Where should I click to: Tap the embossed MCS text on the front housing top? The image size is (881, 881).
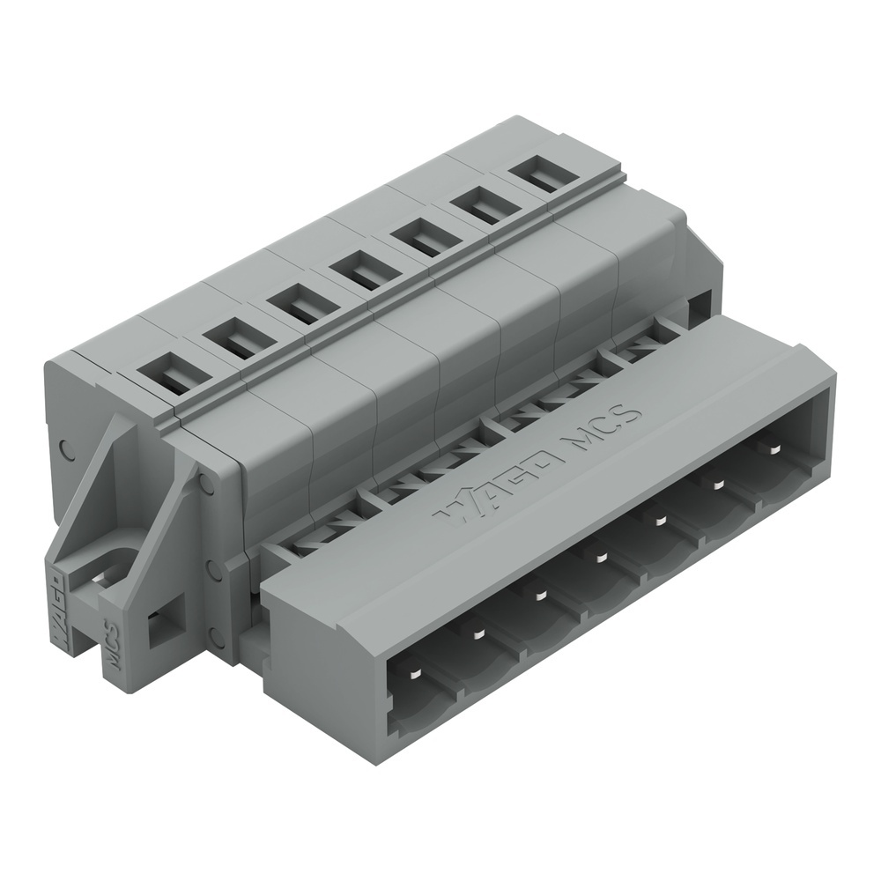click(x=605, y=427)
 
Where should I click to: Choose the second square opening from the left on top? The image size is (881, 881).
click(x=239, y=339)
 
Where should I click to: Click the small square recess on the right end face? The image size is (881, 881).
click(x=699, y=305)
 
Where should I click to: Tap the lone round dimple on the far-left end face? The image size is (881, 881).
click(x=63, y=446)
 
